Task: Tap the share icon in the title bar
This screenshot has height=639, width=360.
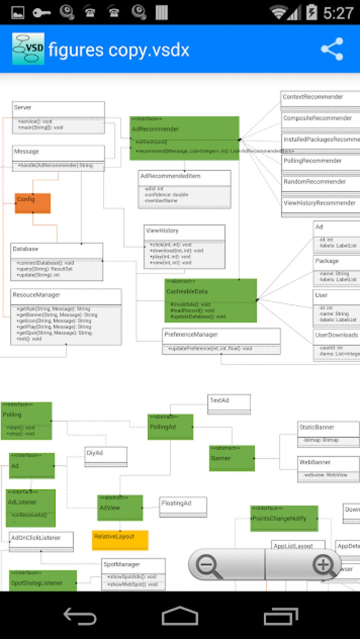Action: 332,49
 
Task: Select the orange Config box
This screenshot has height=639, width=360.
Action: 33,203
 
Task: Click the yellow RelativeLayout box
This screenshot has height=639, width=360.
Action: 120,540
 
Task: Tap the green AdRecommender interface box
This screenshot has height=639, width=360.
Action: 184,138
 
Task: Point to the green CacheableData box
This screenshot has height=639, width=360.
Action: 210,300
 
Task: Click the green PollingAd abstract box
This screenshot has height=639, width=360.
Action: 170,427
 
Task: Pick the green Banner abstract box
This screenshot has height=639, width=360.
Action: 232,458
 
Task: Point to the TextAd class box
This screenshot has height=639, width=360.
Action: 229,403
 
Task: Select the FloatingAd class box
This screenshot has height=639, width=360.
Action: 183,506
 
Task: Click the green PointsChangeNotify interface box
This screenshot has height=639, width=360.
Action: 284,518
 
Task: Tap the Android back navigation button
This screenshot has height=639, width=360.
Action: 80,616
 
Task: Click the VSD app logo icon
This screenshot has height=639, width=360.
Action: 28,49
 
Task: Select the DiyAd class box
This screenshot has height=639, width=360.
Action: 106,456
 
